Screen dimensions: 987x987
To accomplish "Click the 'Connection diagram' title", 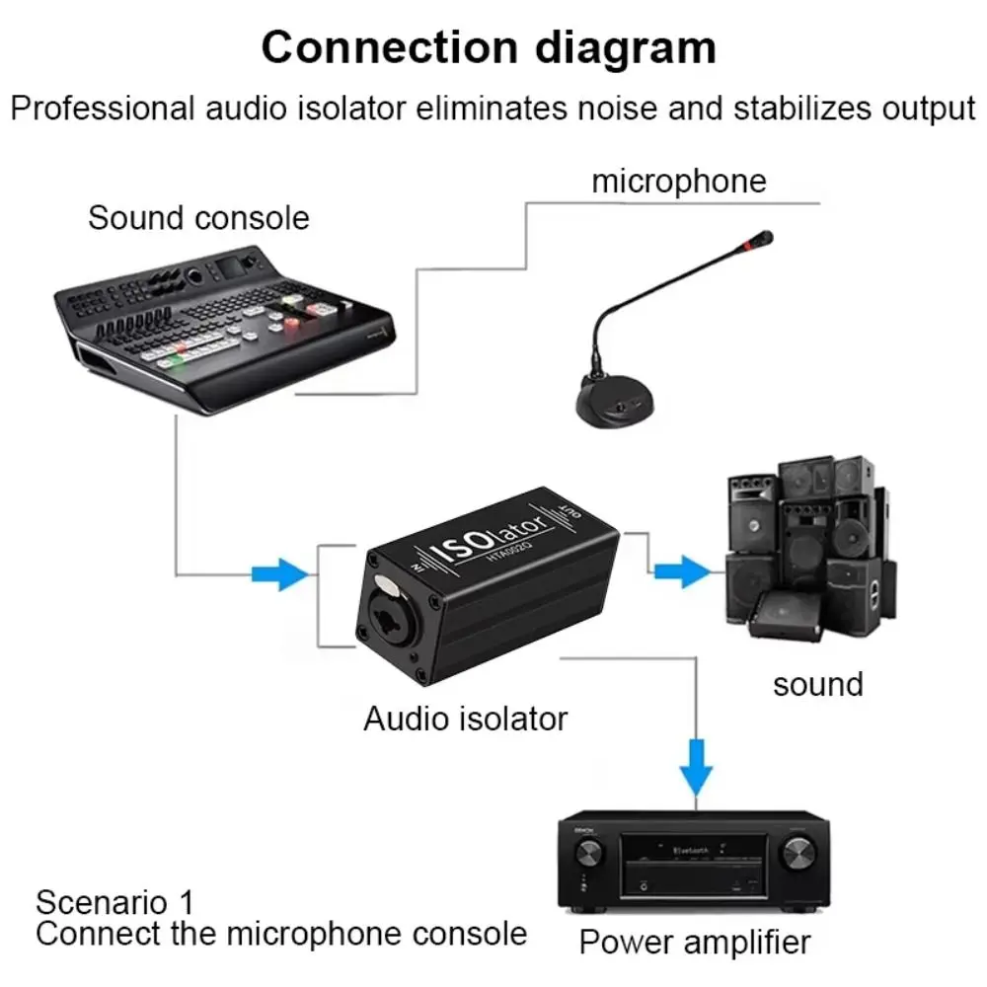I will pos(489,46).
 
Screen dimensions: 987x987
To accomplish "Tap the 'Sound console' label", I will pos(198,217).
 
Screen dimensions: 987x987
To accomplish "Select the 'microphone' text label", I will pos(678,181).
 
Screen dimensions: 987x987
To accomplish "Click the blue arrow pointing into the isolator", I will pos(279,572).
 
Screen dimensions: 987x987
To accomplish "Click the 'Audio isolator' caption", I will pos(465,718).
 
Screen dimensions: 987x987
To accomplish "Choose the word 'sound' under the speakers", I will pos(817,683).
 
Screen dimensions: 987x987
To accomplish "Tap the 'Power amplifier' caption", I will pos(694,941).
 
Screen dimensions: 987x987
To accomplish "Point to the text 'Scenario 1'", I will pos(114,901).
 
